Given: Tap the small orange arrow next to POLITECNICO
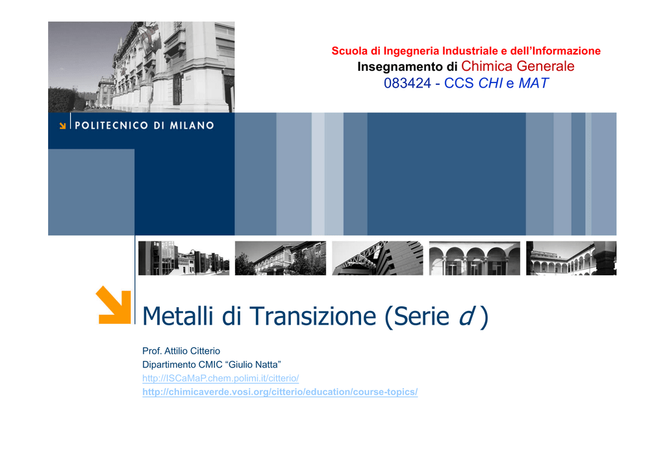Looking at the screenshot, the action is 62,125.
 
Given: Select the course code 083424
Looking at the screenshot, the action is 407,83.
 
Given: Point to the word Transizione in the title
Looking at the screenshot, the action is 312,316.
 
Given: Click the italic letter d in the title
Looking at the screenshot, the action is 466,316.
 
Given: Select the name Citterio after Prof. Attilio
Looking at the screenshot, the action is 205,351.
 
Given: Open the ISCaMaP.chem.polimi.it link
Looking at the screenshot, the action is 221,378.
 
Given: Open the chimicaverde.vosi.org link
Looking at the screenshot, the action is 280,392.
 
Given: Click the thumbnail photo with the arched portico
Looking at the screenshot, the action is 475,258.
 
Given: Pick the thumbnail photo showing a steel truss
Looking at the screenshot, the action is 377,258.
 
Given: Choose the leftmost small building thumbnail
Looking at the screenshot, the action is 184,258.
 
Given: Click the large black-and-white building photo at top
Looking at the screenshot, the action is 141,67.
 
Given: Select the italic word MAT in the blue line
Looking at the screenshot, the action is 534,83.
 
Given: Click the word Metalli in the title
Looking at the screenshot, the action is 178,316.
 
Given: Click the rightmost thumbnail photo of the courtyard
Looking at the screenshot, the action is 571,258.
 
